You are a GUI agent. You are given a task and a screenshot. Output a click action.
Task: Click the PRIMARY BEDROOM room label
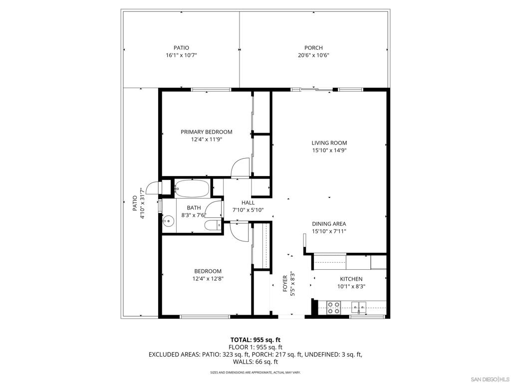(x=206, y=132)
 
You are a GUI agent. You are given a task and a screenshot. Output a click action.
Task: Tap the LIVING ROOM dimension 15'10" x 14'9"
(x=329, y=151)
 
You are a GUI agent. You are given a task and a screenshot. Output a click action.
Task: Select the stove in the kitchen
(x=333, y=308)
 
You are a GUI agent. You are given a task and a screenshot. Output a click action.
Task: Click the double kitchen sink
(x=358, y=306)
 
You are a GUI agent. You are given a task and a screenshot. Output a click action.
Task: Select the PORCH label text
(x=313, y=48)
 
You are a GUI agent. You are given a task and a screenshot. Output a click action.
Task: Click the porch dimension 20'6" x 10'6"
(x=313, y=56)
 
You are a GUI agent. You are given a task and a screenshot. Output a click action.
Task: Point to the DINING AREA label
(x=329, y=224)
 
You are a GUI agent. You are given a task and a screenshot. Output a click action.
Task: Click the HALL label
(x=248, y=203)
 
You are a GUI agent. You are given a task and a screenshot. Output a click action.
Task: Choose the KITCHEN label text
(x=351, y=279)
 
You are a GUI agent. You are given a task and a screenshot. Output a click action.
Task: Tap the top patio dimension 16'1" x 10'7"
(x=181, y=56)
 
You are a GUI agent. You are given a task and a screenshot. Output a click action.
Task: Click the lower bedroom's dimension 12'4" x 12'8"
(x=208, y=279)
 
